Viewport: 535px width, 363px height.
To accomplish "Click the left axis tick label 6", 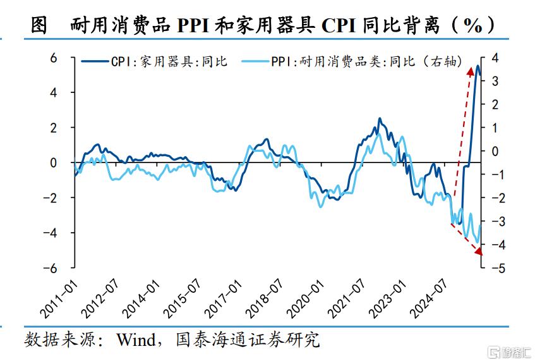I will point(53,58).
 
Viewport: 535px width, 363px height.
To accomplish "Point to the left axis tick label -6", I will point(50,268).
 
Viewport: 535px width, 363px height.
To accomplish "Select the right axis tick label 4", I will point(495,58).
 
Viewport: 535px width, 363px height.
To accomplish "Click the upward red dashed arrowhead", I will point(470,71).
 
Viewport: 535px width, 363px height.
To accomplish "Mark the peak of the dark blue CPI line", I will point(478,66).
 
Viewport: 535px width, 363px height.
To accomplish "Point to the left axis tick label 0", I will point(53,163).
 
